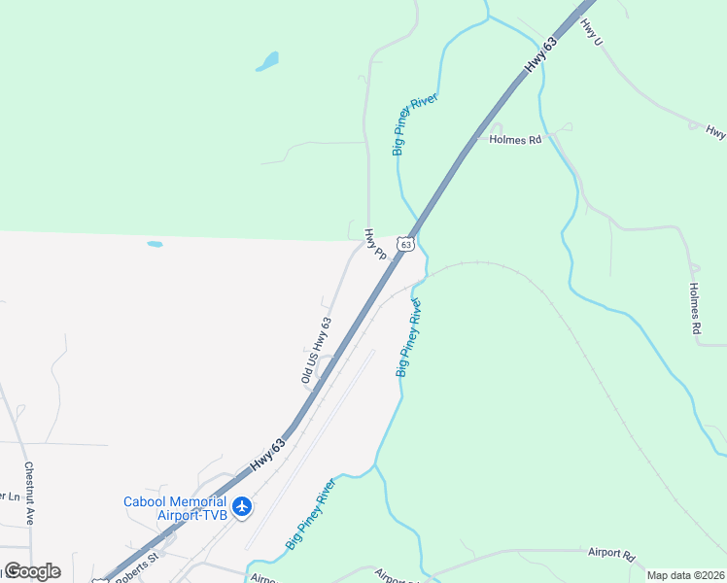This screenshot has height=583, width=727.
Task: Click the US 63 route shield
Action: click(x=407, y=243)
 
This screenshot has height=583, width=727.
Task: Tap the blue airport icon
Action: click(x=243, y=506)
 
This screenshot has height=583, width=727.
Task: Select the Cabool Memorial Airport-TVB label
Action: click(x=175, y=508)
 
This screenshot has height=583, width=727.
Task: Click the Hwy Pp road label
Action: click(x=375, y=243)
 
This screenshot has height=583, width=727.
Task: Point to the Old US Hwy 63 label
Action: click(x=317, y=350)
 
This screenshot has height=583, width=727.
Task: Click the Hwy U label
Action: click(x=591, y=33)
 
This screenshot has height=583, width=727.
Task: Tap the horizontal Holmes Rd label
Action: click(x=515, y=140)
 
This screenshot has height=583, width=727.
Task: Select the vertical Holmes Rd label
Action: click(x=695, y=308)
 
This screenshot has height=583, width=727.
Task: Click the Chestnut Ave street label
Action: click(x=29, y=493)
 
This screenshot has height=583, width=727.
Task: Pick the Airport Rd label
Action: click(x=610, y=554)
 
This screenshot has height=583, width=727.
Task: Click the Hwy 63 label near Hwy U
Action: click(x=541, y=54)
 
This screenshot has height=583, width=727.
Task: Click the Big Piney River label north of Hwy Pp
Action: click(x=415, y=124)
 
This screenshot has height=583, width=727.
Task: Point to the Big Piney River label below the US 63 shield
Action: click(x=408, y=337)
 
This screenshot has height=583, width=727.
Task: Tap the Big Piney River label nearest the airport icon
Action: click(x=311, y=514)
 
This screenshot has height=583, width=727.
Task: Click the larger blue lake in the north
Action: click(x=266, y=62)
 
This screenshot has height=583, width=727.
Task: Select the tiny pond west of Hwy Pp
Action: click(x=155, y=244)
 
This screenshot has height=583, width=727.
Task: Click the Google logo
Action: click(x=31, y=571)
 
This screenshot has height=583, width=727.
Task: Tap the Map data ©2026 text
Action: click(x=685, y=575)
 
